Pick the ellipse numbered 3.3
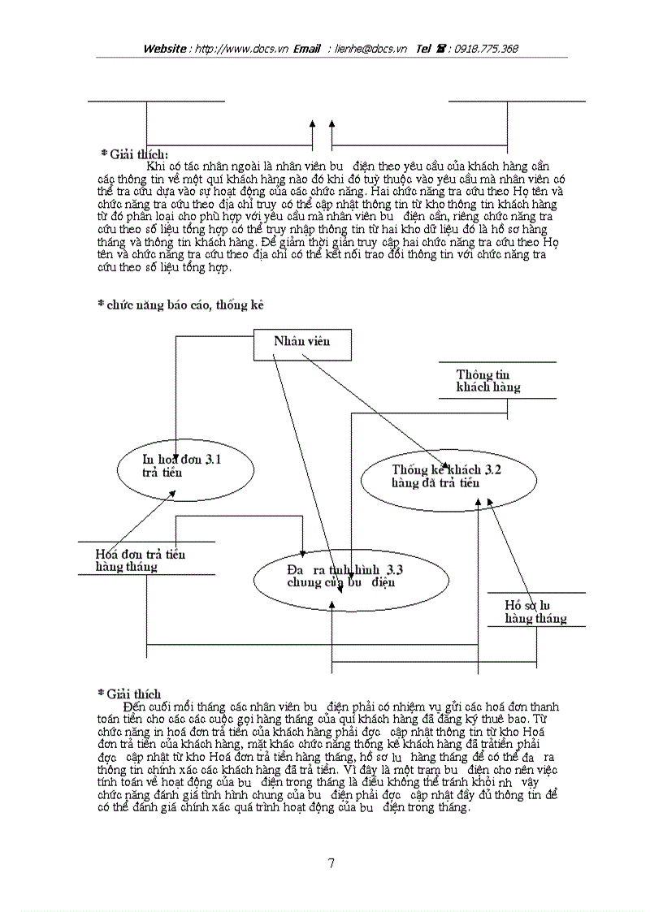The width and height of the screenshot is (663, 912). pos(351,576)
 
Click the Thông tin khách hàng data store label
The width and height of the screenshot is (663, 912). pos(488,381)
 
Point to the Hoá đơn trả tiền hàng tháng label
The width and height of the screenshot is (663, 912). pos(140,560)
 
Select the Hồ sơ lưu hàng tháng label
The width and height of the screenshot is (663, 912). pos(535,612)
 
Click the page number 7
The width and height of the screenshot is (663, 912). pos(331,863)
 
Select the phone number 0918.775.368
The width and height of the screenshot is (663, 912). pos(486,49)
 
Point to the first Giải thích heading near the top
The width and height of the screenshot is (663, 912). pos(134,153)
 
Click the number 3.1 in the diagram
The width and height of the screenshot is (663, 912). pos(214,460)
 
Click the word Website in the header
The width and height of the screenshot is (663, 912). pos(165,49)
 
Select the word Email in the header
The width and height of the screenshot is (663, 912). pos(307,49)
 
